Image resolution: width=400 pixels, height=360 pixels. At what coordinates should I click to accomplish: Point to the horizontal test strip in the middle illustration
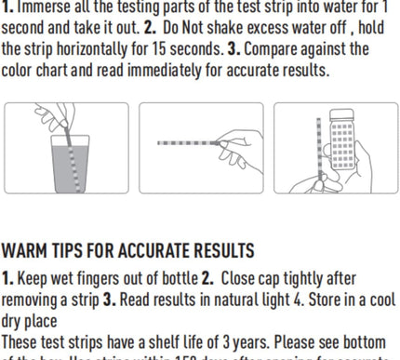186,143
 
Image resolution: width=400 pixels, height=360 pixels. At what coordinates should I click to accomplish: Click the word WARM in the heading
28,251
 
